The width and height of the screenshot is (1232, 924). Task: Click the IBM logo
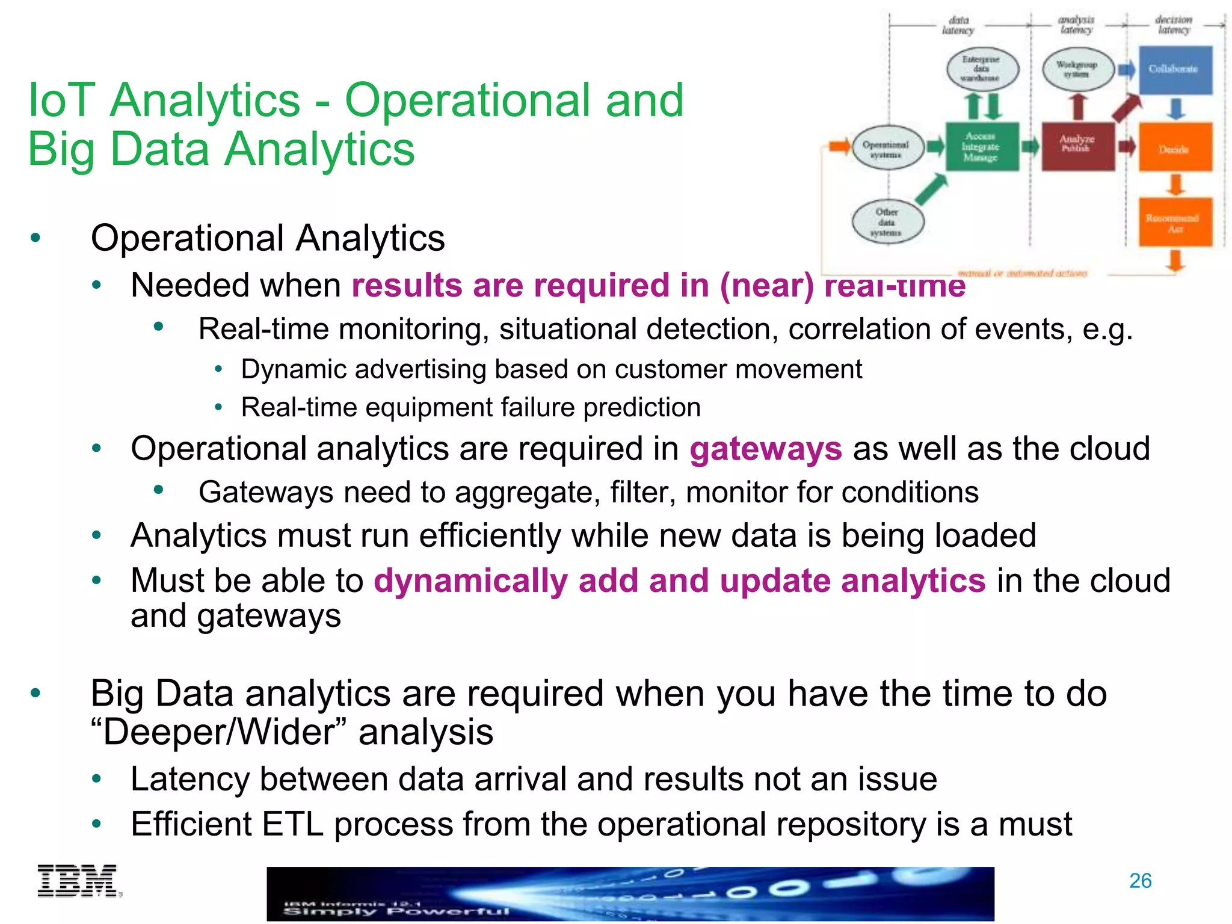pyautogui.click(x=78, y=881)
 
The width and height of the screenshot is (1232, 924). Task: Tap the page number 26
pyautogui.click(x=1140, y=881)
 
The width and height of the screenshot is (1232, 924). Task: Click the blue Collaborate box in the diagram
pyautogui.click(x=1175, y=70)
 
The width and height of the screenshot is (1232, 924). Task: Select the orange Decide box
pyautogui.click(x=1175, y=148)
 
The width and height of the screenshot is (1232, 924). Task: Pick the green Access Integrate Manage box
pyautogui.click(x=982, y=147)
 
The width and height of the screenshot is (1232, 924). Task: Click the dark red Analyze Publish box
pyautogui.click(x=1078, y=146)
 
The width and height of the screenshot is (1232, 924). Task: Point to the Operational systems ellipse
pyautogui.click(x=887, y=148)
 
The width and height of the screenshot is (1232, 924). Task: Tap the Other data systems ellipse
pyautogui.click(x=887, y=222)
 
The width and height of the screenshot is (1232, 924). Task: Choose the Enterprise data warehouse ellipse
pyautogui.click(x=982, y=69)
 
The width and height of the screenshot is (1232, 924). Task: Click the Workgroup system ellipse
pyautogui.click(x=1078, y=69)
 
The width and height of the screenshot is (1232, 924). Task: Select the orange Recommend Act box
pyautogui.click(x=1175, y=223)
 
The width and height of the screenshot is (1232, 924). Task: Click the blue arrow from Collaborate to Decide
pyautogui.click(x=1175, y=109)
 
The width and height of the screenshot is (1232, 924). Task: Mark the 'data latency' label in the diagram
pyautogui.click(x=958, y=25)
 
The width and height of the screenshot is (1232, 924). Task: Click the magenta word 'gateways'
pyautogui.click(x=766, y=449)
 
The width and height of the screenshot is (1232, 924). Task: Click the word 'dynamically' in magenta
pyautogui.click(x=470, y=581)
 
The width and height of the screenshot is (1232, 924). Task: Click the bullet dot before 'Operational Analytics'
pyautogui.click(x=35, y=238)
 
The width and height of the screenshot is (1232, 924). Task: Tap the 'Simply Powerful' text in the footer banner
pyautogui.click(x=396, y=912)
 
